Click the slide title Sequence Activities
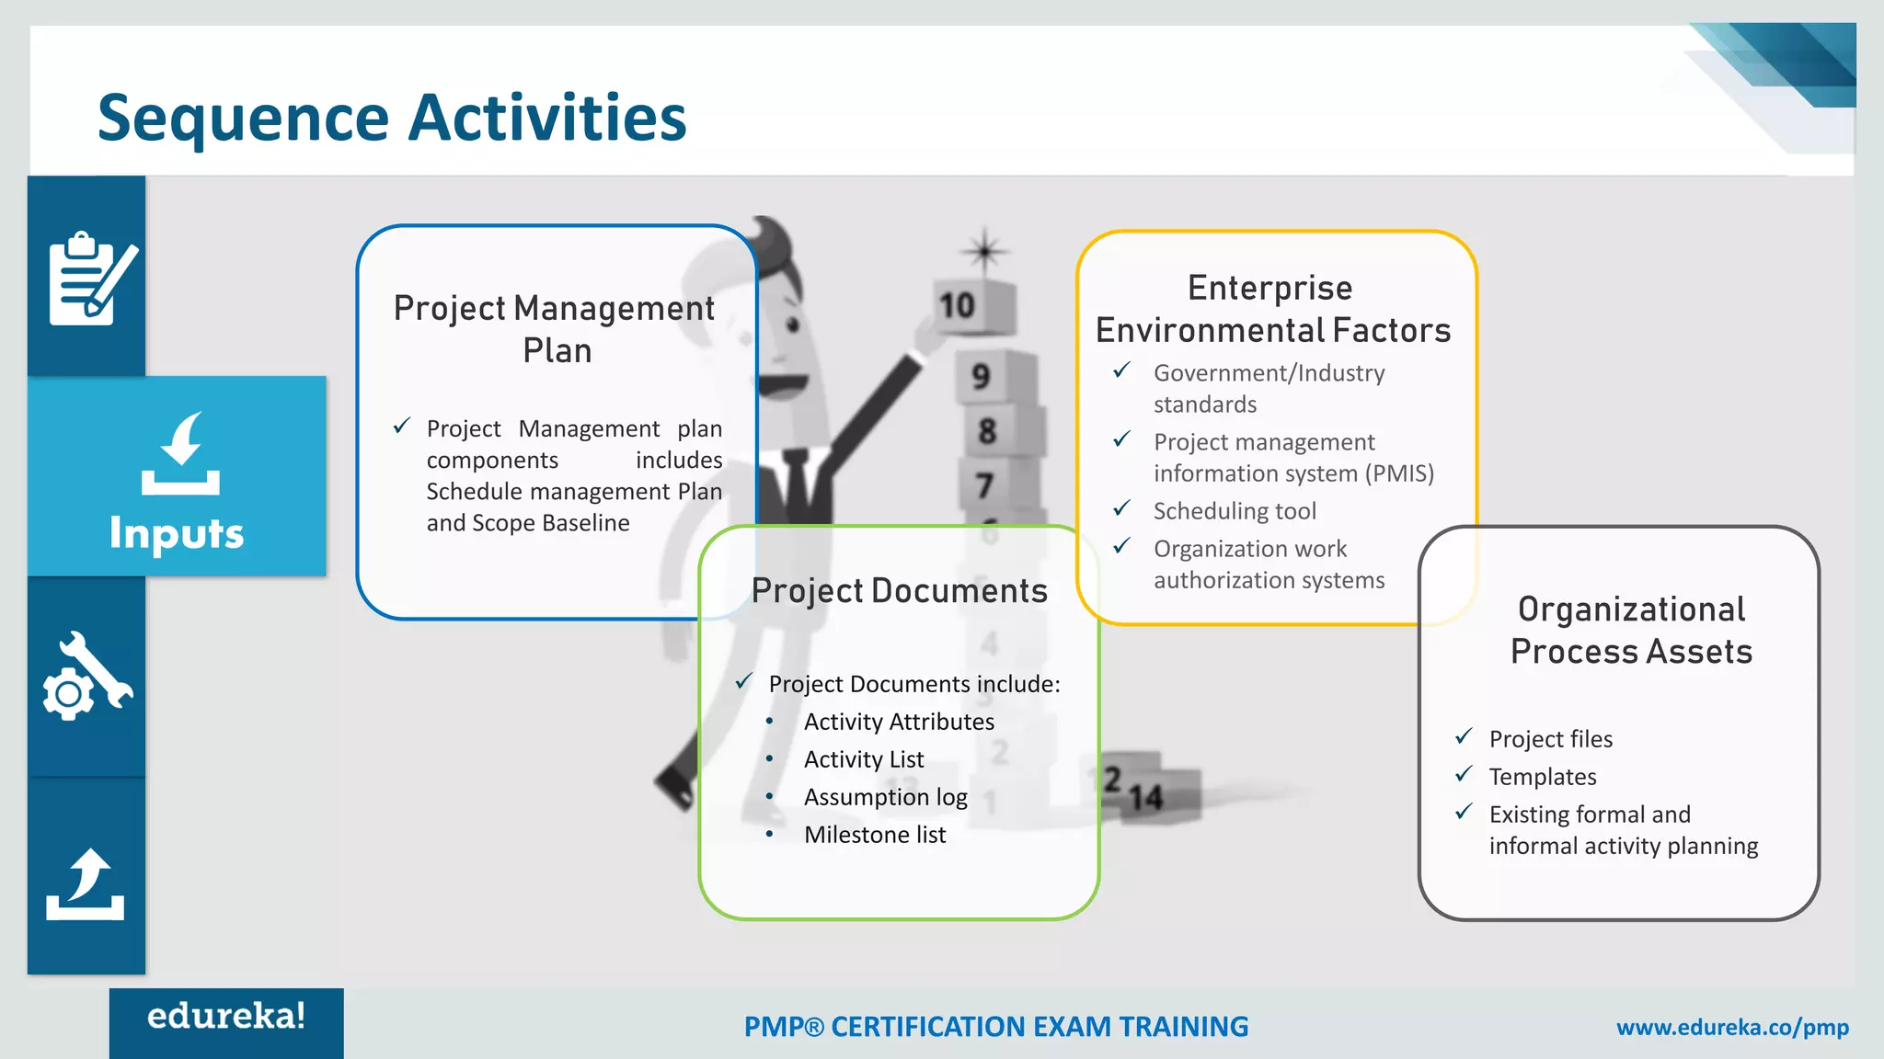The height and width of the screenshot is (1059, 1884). pyautogui.click(x=392, y=118)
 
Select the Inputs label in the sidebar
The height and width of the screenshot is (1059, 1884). pyautogui.click(x=177, y=532)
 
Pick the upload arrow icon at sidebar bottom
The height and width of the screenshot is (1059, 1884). pyautogui.click(x=86, y=884)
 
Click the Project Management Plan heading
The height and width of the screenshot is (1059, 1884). pyautogui.click(x=555, y=328)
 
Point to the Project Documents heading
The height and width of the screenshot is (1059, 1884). pyautogui.click(x=899, y=590)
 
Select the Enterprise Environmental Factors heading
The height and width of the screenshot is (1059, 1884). pyautogui.click(x=1272, y=309)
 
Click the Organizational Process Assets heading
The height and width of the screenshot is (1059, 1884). pyautogui.click(x=1631, y=630)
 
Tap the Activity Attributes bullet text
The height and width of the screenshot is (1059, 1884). pyautogui.click(x=899, y=722)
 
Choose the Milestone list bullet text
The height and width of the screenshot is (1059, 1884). pyautogui.click(x=874, y=835)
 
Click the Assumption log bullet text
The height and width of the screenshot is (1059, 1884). pyautogui.click(x=885, y=797)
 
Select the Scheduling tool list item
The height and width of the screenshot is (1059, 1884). pyautogui.click(x=1235, y=511)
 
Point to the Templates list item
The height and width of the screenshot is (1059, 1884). pyautogui.click(x=1543, y=777)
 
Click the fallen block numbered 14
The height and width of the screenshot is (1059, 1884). pyautogui.click(x=1155, y=796)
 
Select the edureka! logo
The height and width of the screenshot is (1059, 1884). pyautogui.click(x=226, y=1017)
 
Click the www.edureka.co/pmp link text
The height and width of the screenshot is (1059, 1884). pyautogui.click(x=1732, y=1027)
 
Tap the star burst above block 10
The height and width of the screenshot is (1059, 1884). pyautogui.click(x=984, y=250)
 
